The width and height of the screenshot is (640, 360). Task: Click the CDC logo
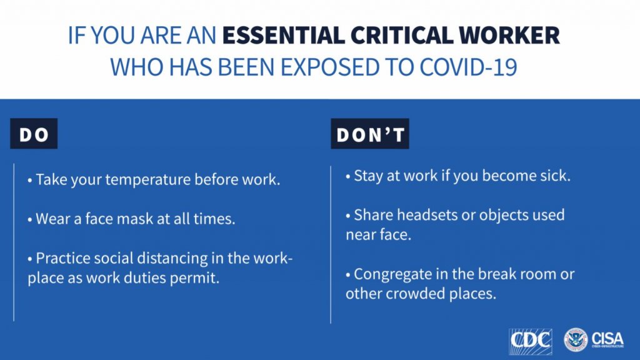530,341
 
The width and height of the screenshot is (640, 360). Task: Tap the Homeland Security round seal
575,340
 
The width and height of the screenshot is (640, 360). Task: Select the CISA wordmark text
607,339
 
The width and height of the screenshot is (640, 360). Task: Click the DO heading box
34,134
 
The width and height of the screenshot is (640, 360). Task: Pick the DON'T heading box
370,134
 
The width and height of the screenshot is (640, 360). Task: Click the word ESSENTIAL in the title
283,35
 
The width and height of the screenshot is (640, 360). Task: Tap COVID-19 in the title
468,67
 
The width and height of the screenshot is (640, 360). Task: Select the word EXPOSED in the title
330,67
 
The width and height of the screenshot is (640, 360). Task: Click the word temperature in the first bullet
147,179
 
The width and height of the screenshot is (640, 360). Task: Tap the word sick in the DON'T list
556,176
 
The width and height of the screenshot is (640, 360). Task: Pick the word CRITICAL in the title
402,35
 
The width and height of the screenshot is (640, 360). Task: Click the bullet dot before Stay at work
347,177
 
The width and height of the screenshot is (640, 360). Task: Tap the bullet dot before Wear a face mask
30,220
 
